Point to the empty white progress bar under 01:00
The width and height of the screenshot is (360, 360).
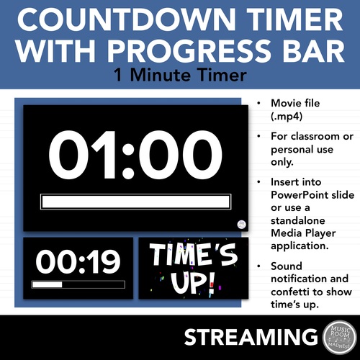click(x=136, y=202)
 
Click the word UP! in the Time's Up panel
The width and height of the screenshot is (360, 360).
click(x=192, y=282)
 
